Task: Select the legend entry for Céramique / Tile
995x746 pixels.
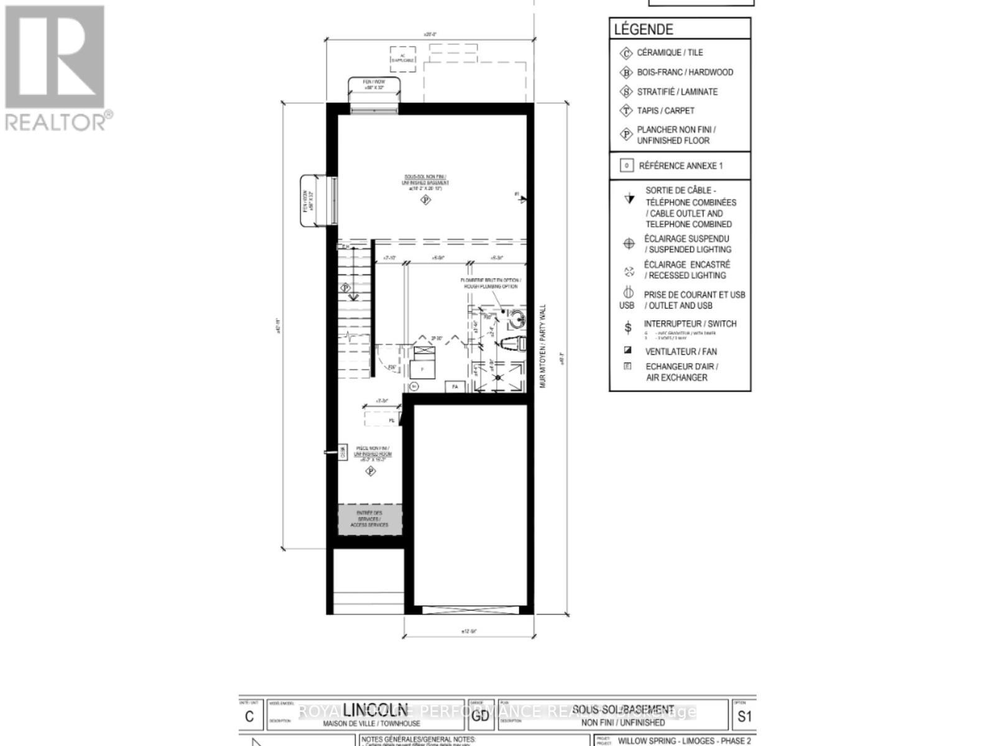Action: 669,53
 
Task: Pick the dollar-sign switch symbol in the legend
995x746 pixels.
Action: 628,327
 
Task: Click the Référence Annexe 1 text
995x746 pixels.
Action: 680,166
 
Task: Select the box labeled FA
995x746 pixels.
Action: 455,387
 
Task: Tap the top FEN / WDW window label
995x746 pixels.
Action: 374,85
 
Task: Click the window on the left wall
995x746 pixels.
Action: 334,200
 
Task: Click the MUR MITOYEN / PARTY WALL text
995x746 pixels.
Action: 542,346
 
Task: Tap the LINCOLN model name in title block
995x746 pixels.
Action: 374,710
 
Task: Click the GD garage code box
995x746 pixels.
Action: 479,716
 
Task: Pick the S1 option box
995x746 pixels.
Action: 744,716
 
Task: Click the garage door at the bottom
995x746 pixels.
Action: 470,610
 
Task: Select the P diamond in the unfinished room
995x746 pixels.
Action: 371,471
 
